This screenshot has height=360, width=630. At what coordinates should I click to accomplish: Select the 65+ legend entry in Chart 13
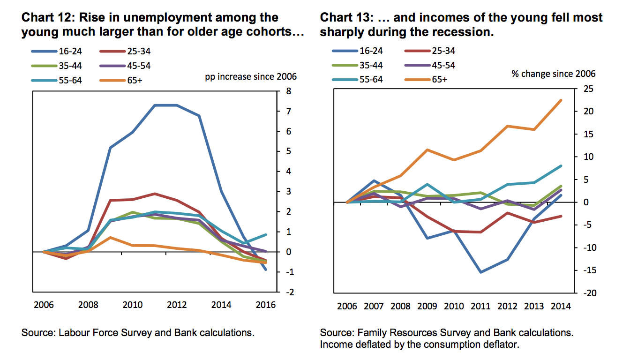click(x=439, y=79)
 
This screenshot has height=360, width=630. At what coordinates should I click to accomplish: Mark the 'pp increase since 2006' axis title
click(x=251, y=76)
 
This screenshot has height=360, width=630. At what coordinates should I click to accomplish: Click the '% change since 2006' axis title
click(x=554, y=74)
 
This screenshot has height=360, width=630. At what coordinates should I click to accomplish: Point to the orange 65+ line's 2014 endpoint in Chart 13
click(x=561, y=100)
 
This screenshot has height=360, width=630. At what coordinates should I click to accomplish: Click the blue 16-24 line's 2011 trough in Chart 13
click(x=481, y=272)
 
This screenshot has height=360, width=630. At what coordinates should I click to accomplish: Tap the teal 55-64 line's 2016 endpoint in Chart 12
click(x=266, y=234)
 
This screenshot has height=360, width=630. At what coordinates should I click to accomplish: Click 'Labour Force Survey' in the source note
click(x=97, y=333)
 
